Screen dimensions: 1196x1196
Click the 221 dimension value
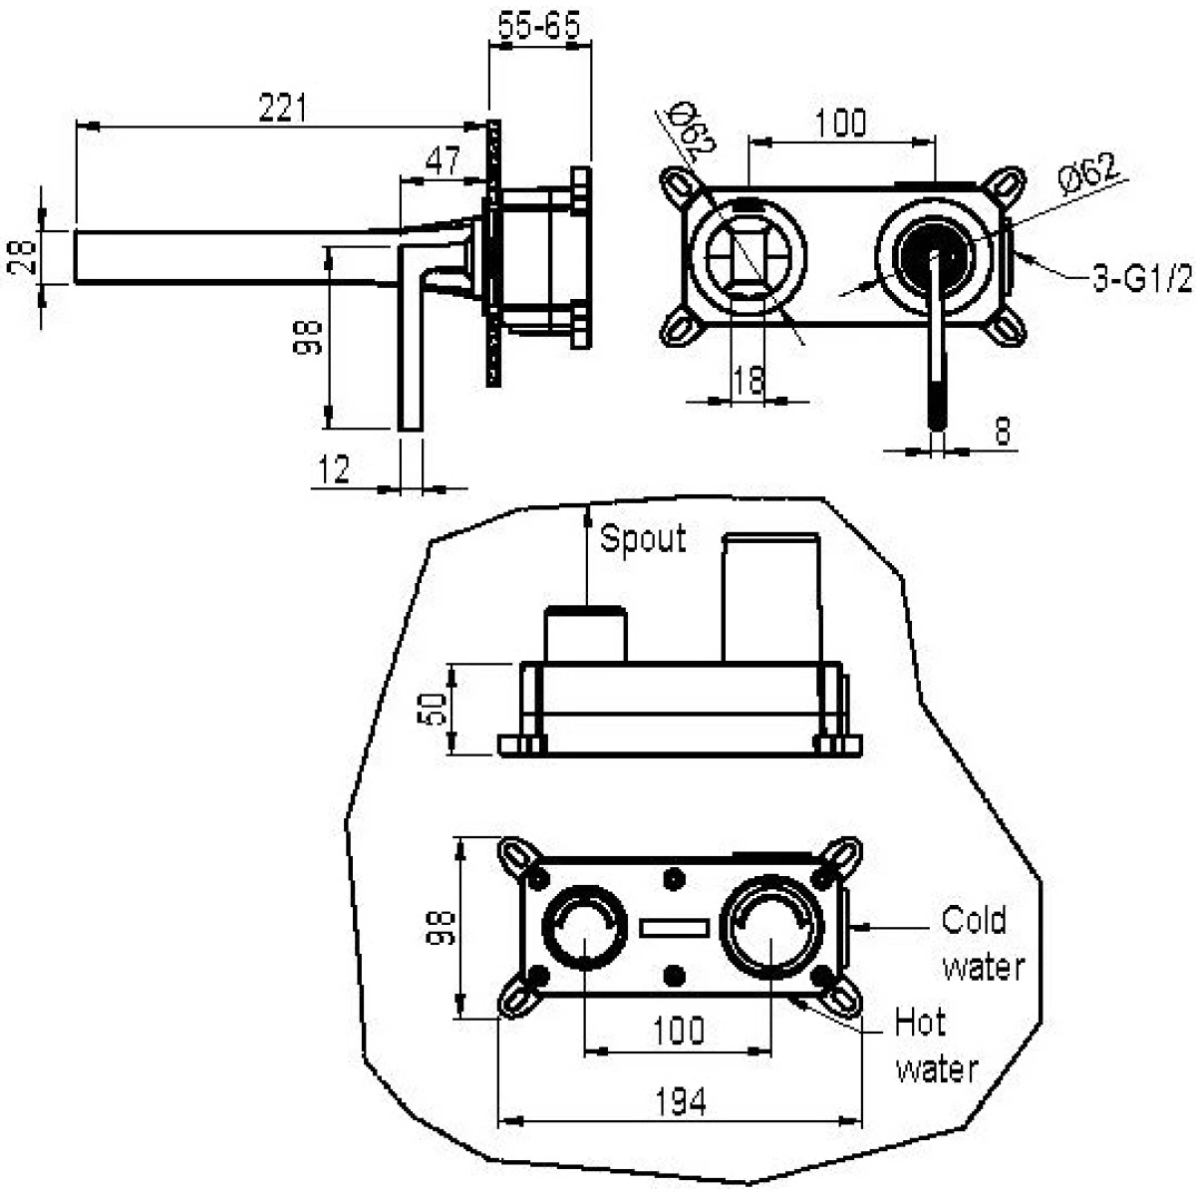(x=283, y=109)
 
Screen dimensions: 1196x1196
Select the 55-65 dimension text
(x=539, y=27)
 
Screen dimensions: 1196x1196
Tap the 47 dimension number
(x=444, y=160)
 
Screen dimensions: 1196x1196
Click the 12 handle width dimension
(x=334, y=469)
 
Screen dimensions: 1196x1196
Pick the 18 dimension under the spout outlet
(x=747, y=380)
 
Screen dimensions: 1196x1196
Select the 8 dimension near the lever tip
(x=1003, y=431)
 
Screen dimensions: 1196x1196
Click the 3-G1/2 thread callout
(x=1142, y=279)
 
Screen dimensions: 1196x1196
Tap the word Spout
(x=643, y=538)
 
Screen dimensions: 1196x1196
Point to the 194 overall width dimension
(x=681, y=1103)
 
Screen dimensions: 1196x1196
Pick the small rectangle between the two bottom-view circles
(x=674, y=929)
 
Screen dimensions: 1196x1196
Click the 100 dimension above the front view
(x=840, y=123)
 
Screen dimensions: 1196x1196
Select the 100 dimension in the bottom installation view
(x=679, y=1031)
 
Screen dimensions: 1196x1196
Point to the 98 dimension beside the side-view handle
(x=308, y=337)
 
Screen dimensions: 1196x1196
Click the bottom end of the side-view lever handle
(x=410, y=429)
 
